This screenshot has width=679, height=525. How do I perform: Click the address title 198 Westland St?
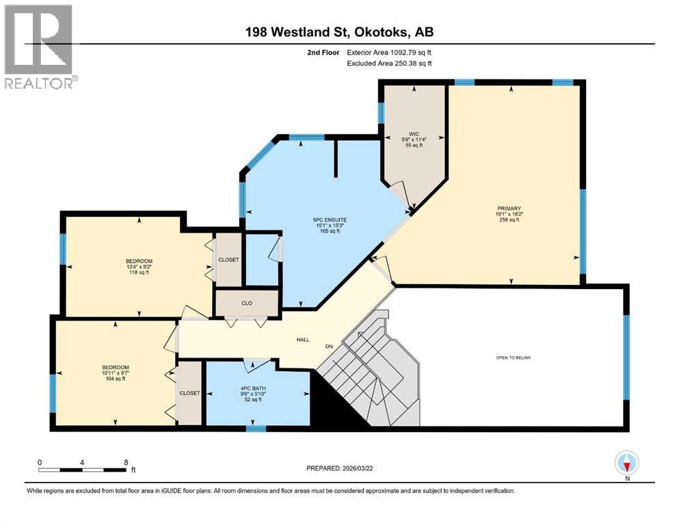339,31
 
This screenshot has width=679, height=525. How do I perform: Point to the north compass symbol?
626,464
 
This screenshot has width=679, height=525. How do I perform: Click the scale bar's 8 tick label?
126,462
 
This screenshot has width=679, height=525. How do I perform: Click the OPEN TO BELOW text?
513,358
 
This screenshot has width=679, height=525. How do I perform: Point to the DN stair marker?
329,345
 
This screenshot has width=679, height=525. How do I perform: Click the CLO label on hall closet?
247,302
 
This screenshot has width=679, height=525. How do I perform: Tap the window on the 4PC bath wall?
256,429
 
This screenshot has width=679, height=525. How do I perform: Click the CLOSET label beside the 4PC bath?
189,393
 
